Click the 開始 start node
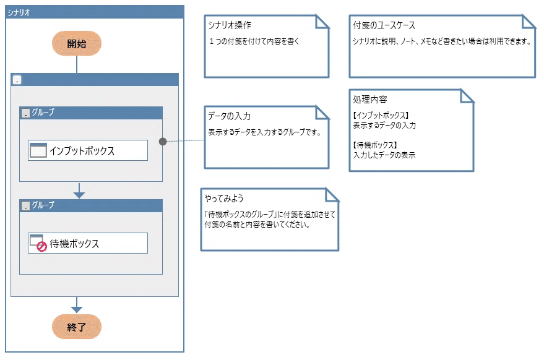point(77,43)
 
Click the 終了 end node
point(77,327)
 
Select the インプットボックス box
point(88,150)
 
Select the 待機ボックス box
point(88,243)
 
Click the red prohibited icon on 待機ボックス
point(42,247)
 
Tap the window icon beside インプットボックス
point(38,150)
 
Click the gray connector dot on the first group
point(163,142)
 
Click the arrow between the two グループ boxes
point(79,191)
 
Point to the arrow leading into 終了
point(77,305)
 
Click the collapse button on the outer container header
point(17,80)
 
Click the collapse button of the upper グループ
point(25,113)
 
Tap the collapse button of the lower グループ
point(25,206)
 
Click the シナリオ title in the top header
point(19,13)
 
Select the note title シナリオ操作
point(230,25)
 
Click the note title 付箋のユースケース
point(384,25)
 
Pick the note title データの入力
point(229,116)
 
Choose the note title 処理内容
point(370,100)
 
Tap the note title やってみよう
point(224,199)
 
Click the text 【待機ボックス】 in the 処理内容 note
point(374,145)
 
